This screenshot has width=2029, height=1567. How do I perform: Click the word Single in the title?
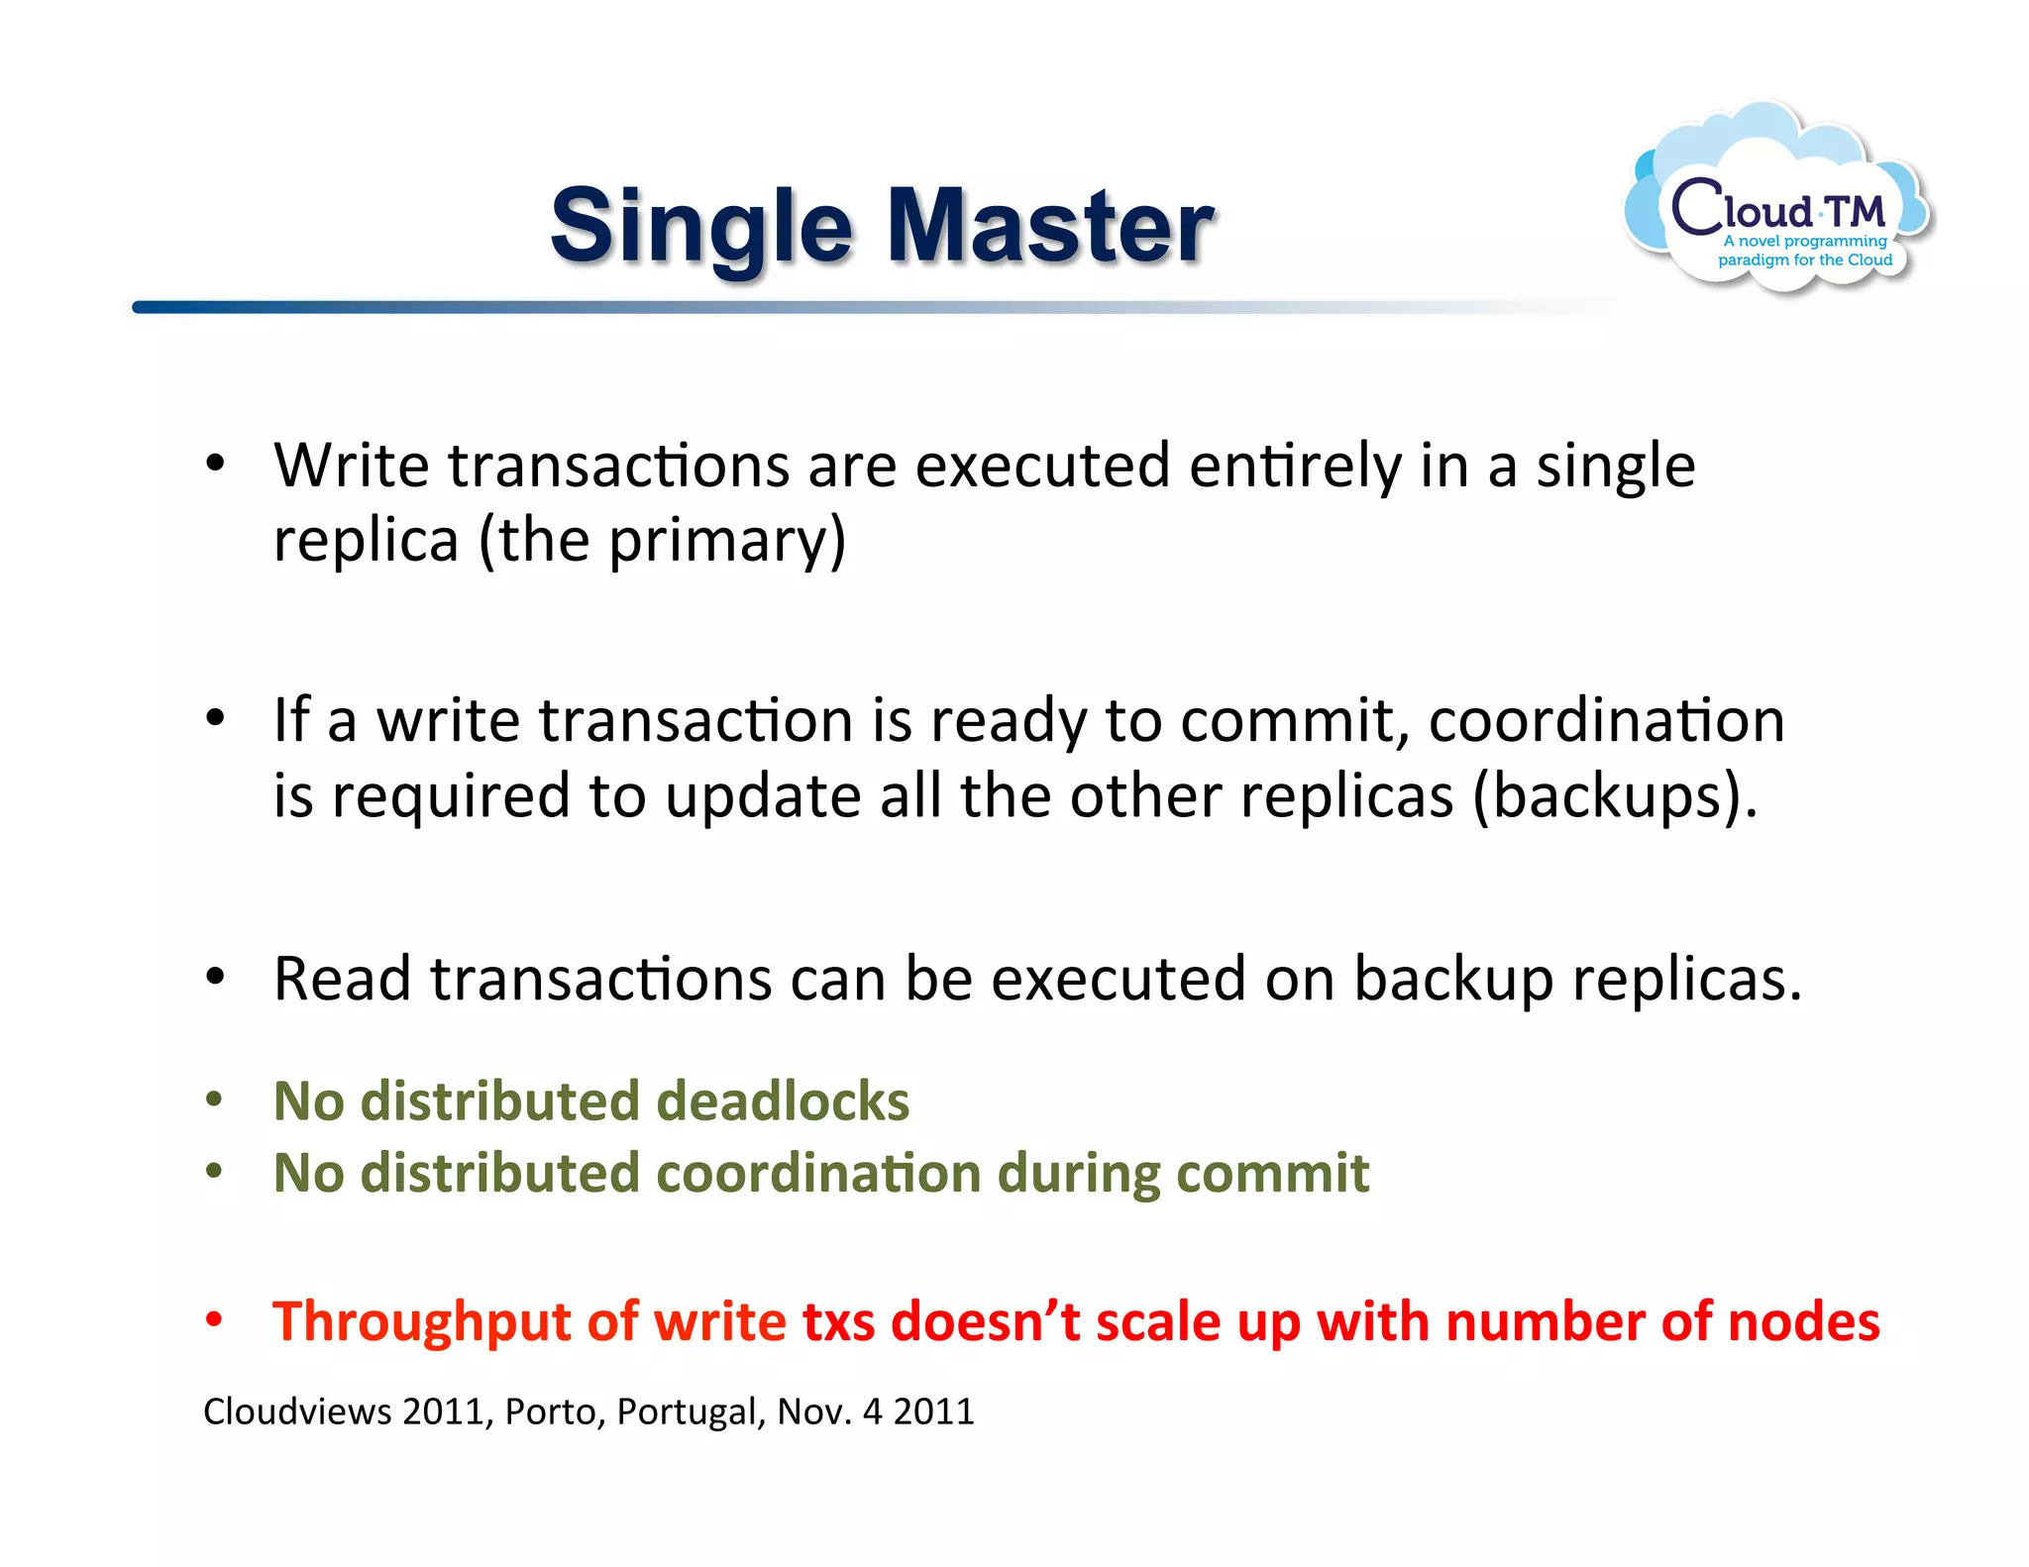tap(700, 230)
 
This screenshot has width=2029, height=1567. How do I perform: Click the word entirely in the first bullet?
tap(1294, 466)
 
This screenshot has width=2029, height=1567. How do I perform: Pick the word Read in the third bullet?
tap(342, 979)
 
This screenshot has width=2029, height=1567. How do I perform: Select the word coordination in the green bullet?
tap(818, 1173)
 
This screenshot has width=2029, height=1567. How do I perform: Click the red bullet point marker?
tap(214, 1319)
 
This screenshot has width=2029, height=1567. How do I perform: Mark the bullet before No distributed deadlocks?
tap(214, 1099)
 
